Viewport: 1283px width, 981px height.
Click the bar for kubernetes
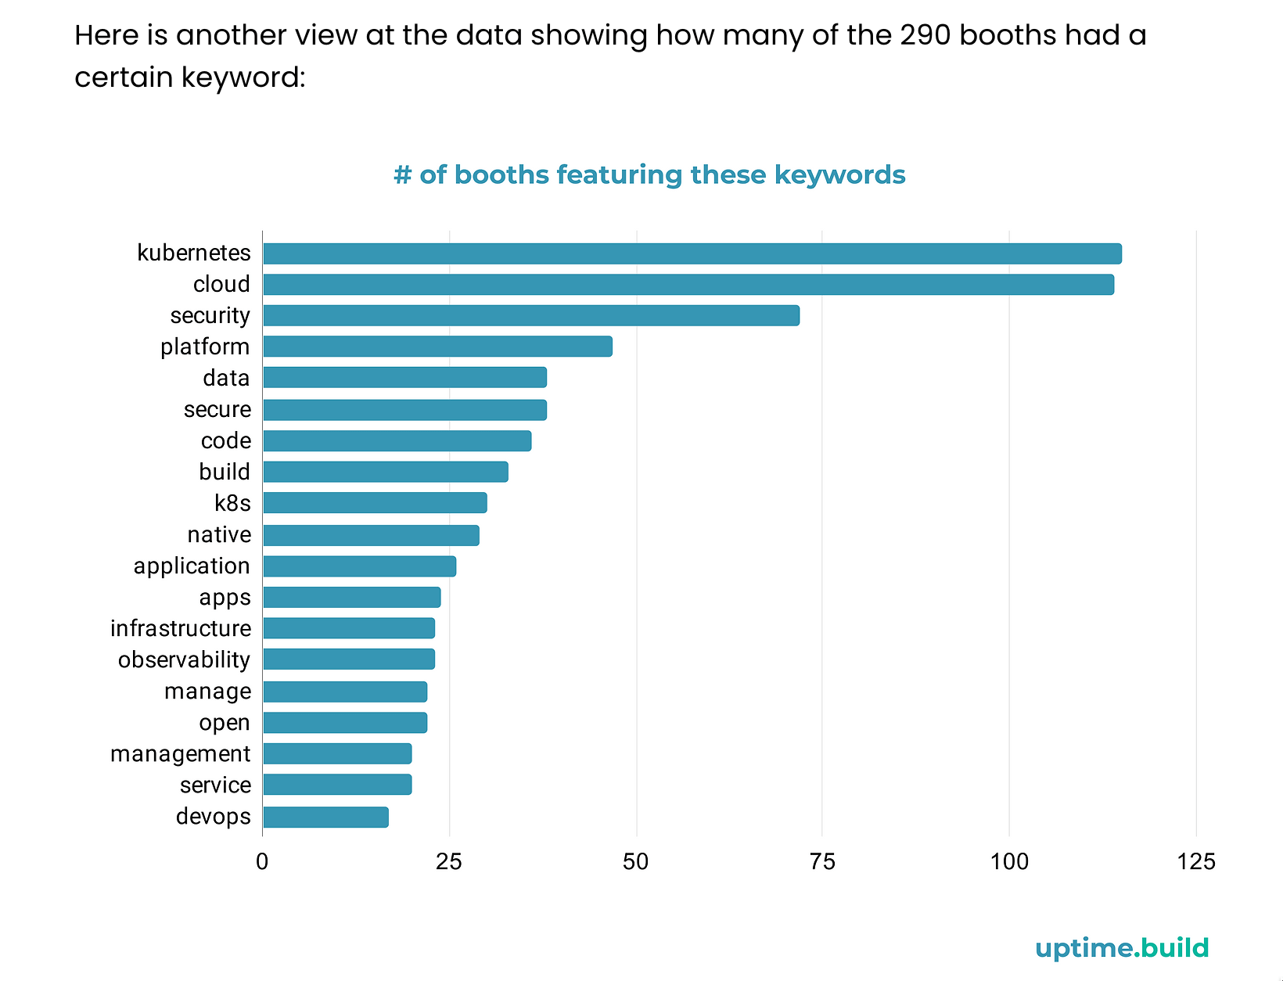[692, 253]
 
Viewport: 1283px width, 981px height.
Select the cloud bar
[688, 285]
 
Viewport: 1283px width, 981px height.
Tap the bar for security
[530, 315]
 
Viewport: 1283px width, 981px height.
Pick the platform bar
[437, 347]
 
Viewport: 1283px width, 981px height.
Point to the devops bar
[325, 817]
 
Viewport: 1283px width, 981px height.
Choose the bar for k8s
[375, 503]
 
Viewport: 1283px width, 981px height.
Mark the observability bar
[349, 659]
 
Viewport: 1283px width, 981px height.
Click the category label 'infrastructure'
[181, 628]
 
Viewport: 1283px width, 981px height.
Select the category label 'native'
[219, 534]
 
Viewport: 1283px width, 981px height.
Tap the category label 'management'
[181, 753]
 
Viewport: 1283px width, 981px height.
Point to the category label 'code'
[226, 440]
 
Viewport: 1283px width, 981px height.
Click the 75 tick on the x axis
[822, 862]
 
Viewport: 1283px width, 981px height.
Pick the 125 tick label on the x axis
[1196, 862]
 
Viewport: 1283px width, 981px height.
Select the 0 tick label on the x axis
[262, 862]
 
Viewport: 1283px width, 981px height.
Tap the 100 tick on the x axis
[1009, 862]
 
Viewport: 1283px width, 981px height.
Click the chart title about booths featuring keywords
[649, 174]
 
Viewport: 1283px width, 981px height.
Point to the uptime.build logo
[1122, 948]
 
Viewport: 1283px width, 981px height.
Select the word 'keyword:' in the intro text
[243, 77]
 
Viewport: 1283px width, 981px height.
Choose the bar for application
[359, 566]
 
